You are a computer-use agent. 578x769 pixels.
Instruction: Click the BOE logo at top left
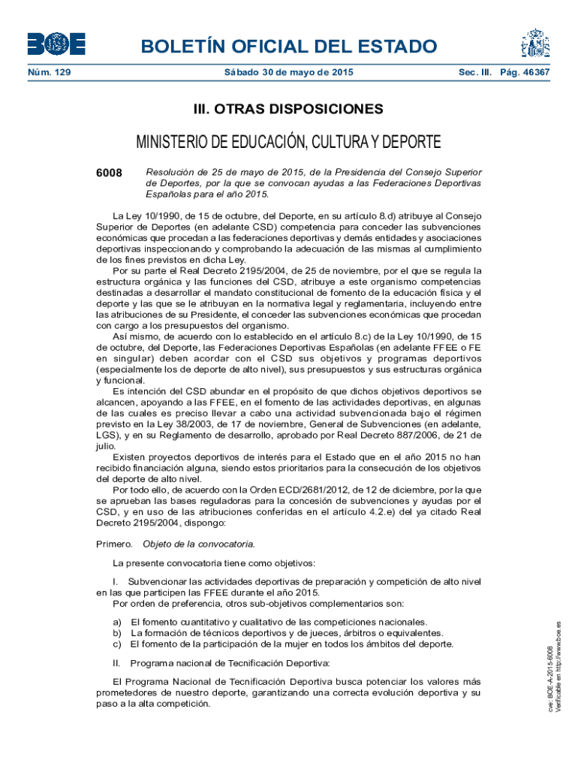[x=56, y=44]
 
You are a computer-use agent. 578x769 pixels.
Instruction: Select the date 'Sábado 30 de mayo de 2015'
[x=289, y=73]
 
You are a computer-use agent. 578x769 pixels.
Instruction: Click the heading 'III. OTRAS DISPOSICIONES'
[x=289, y=110]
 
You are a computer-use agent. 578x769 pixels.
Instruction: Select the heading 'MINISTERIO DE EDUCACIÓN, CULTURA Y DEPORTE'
[x=288, y=142]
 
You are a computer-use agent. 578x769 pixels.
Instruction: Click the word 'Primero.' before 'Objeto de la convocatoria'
[x=115, y=543]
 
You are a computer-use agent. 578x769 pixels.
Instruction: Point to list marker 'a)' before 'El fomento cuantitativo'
[x=117, y=622]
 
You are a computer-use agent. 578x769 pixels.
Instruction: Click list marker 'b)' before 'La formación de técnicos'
[x=117, y=633]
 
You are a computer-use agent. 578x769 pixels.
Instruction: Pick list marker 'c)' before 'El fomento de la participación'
[x=117, y=644]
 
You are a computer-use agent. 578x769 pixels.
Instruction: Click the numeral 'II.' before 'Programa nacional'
[x=116, y=663]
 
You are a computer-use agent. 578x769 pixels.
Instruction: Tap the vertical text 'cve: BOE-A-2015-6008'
[x=550, y=680]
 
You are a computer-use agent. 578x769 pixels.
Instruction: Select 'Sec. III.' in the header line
[x=469, y=73]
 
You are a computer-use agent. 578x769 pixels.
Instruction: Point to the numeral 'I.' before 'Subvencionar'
[x=115, y=581]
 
